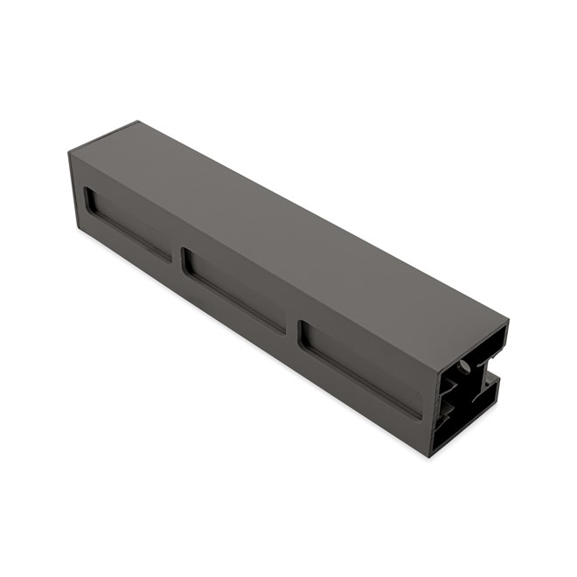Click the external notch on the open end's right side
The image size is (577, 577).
click(492, 384)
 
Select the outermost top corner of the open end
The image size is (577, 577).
click(508, 323)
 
